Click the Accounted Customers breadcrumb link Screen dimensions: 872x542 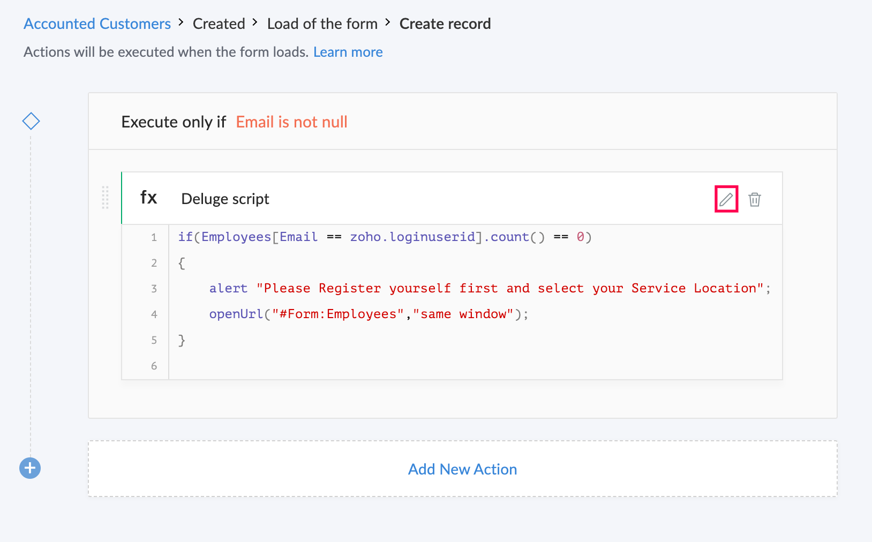coord(97,24)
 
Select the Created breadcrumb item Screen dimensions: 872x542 coord(219,24)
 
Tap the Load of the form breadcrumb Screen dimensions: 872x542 coord(322,24)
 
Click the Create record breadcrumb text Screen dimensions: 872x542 coord(445,24)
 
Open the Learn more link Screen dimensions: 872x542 coord(348,52)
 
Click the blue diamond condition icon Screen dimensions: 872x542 coord(31,121)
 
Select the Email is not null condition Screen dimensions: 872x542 coord(291,122)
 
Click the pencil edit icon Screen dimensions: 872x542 coord(726,199)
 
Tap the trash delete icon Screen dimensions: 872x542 coord(755,199)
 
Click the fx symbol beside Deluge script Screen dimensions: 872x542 coord(149,198)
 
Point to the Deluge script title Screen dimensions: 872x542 coord(225,199)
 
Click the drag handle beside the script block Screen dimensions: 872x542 coord(105,198)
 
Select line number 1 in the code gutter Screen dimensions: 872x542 coord(154,237)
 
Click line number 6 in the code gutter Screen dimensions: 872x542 coord(154,366)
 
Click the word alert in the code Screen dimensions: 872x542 coord(229,288)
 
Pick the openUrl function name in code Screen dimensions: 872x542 coord(236,314)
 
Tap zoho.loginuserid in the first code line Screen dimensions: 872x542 coord(412,237)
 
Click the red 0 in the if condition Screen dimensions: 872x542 coord(580,237)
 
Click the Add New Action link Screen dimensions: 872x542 coord(462,469)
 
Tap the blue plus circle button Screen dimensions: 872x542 coord(30,468)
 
